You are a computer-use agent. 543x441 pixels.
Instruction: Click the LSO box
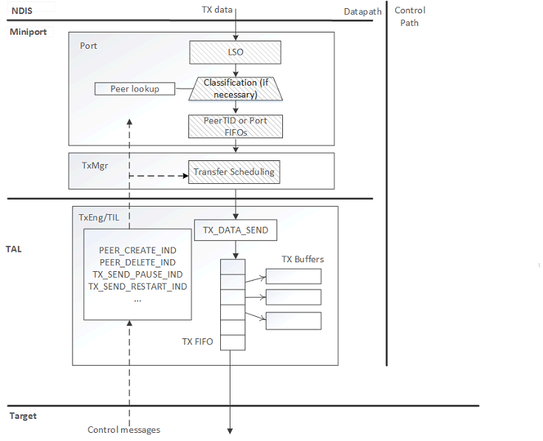point(236,52)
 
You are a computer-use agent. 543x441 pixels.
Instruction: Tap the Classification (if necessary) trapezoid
point(236,89)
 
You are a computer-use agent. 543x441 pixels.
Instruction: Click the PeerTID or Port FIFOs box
point(236,126)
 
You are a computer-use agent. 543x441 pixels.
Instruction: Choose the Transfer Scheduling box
point(233,172)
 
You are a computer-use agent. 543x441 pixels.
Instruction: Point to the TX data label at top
point(217,10)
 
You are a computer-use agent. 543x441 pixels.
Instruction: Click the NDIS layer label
point(22,11)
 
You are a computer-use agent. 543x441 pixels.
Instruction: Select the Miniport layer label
point(28,32)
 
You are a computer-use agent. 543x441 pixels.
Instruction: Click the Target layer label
point(23,416)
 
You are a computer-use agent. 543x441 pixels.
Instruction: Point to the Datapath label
point(363,12)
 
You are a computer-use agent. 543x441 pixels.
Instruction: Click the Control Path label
point(409,16)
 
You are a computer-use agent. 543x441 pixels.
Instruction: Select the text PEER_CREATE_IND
point(137,250)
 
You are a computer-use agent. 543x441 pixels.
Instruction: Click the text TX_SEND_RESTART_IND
point(137,286)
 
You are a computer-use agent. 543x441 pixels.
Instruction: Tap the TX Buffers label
point(302,259)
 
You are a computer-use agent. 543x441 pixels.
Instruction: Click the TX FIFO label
point(197,342)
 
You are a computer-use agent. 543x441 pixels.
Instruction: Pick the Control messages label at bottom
point(123,430)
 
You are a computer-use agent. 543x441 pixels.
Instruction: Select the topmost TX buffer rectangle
point(293,276)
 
